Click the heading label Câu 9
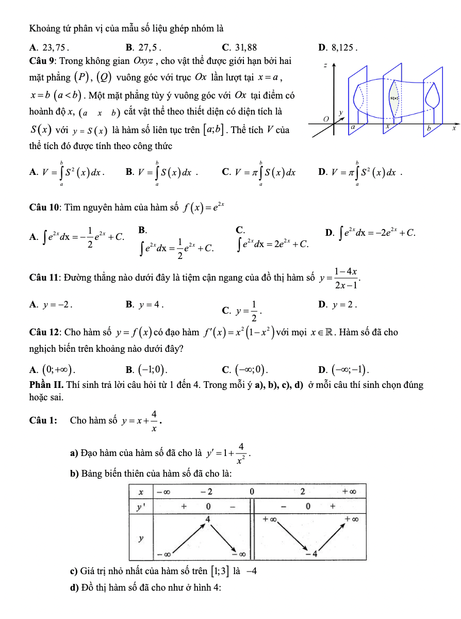click(43, 61)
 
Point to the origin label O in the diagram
click(326, 119)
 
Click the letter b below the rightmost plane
click(427, 127)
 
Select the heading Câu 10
click(45, 207)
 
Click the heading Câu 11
click(45, 278)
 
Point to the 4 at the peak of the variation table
click(208, 518)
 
